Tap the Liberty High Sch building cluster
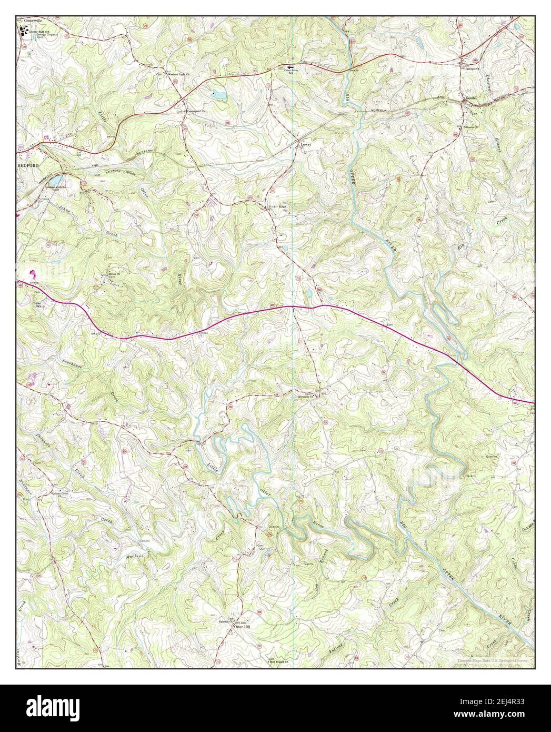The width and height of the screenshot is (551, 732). (23, 32)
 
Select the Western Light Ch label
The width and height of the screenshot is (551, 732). (181, 74)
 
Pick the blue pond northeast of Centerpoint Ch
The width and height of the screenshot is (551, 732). (218, 95)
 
